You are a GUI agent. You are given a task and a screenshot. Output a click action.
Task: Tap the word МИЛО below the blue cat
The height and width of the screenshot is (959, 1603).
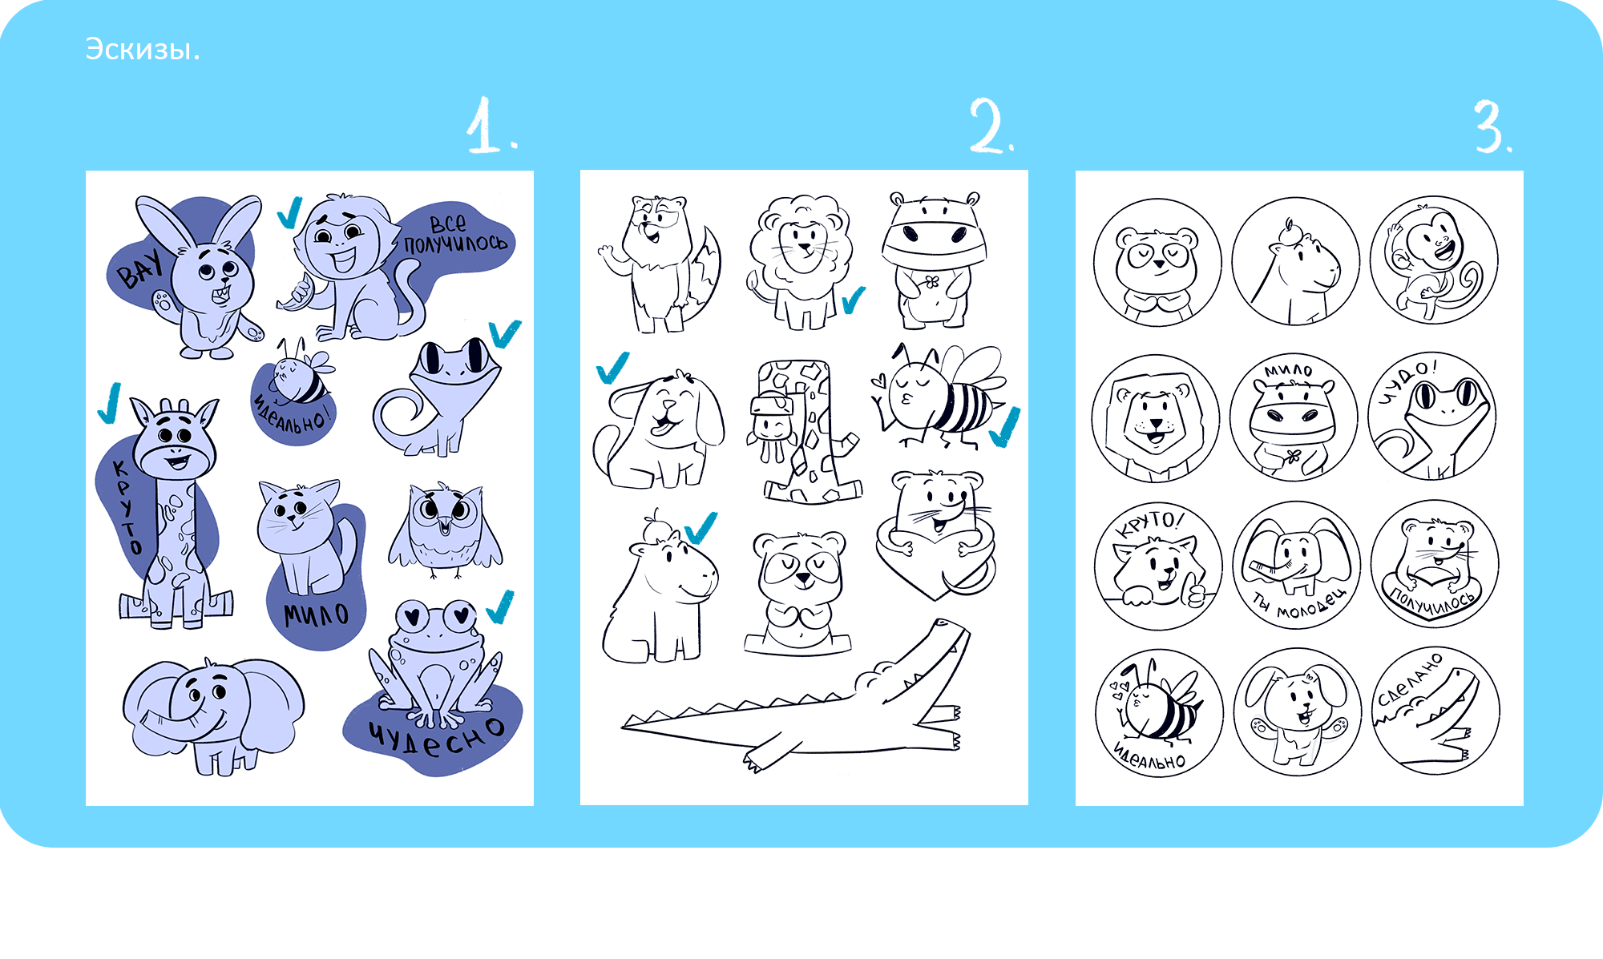pyautogui.click(x=317, y=615)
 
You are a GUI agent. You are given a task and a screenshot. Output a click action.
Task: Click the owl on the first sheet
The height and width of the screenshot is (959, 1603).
pyautogui.click(x=446, y=530)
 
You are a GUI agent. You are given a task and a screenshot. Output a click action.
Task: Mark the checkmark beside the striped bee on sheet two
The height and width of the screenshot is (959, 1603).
pyautogui.click(x=1005, y=427)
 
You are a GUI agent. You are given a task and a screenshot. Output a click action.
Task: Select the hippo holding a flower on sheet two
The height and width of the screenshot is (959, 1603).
pyautogui.click(x=935, y=260)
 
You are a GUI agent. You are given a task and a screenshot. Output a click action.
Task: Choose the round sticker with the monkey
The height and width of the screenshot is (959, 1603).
pyautogui.click(x=1435, y=260)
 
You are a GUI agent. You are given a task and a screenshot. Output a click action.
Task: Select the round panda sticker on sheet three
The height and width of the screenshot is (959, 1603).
pyautogui.click(x=1157, y=262)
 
